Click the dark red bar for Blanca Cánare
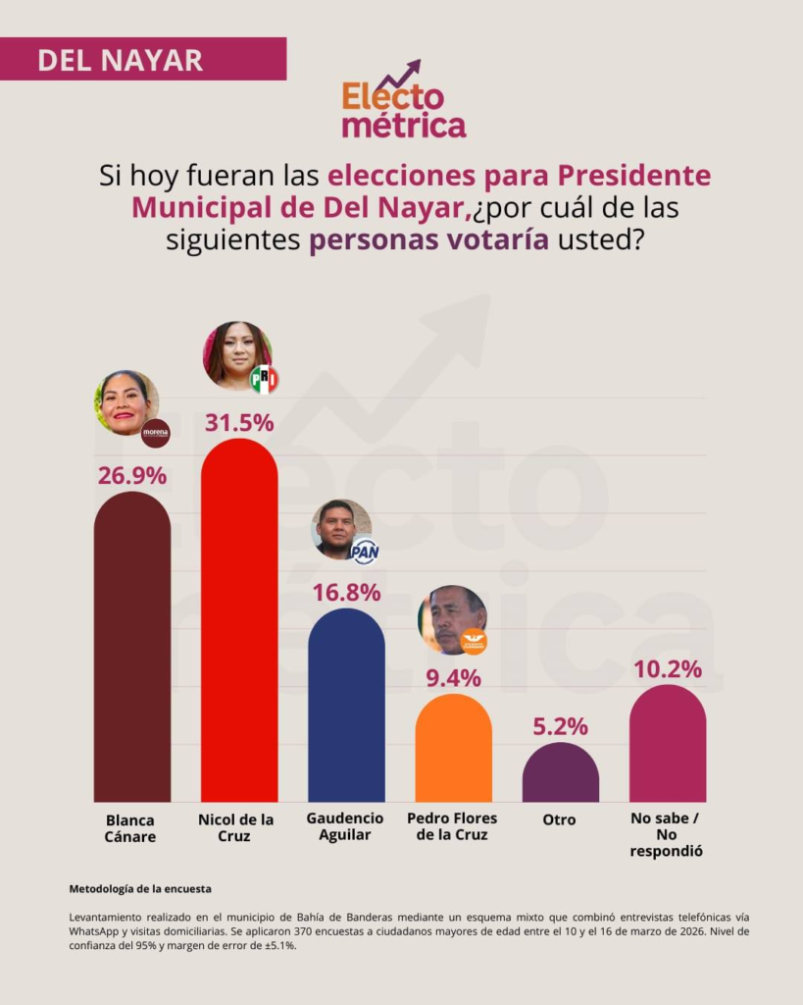point(131,648)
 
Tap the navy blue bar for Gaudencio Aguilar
point(346,706)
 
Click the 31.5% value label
point(239,423)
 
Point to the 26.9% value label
point(131,475)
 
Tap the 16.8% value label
point(346,592)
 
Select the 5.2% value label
point(560,727)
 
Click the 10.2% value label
point(667,669)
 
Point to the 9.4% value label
point(453,678)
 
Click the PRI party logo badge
point(264,379)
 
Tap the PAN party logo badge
point(365,551)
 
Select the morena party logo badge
point(156,432)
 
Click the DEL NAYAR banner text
point(121,59)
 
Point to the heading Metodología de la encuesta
point(140,888)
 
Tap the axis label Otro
point(560,819)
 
